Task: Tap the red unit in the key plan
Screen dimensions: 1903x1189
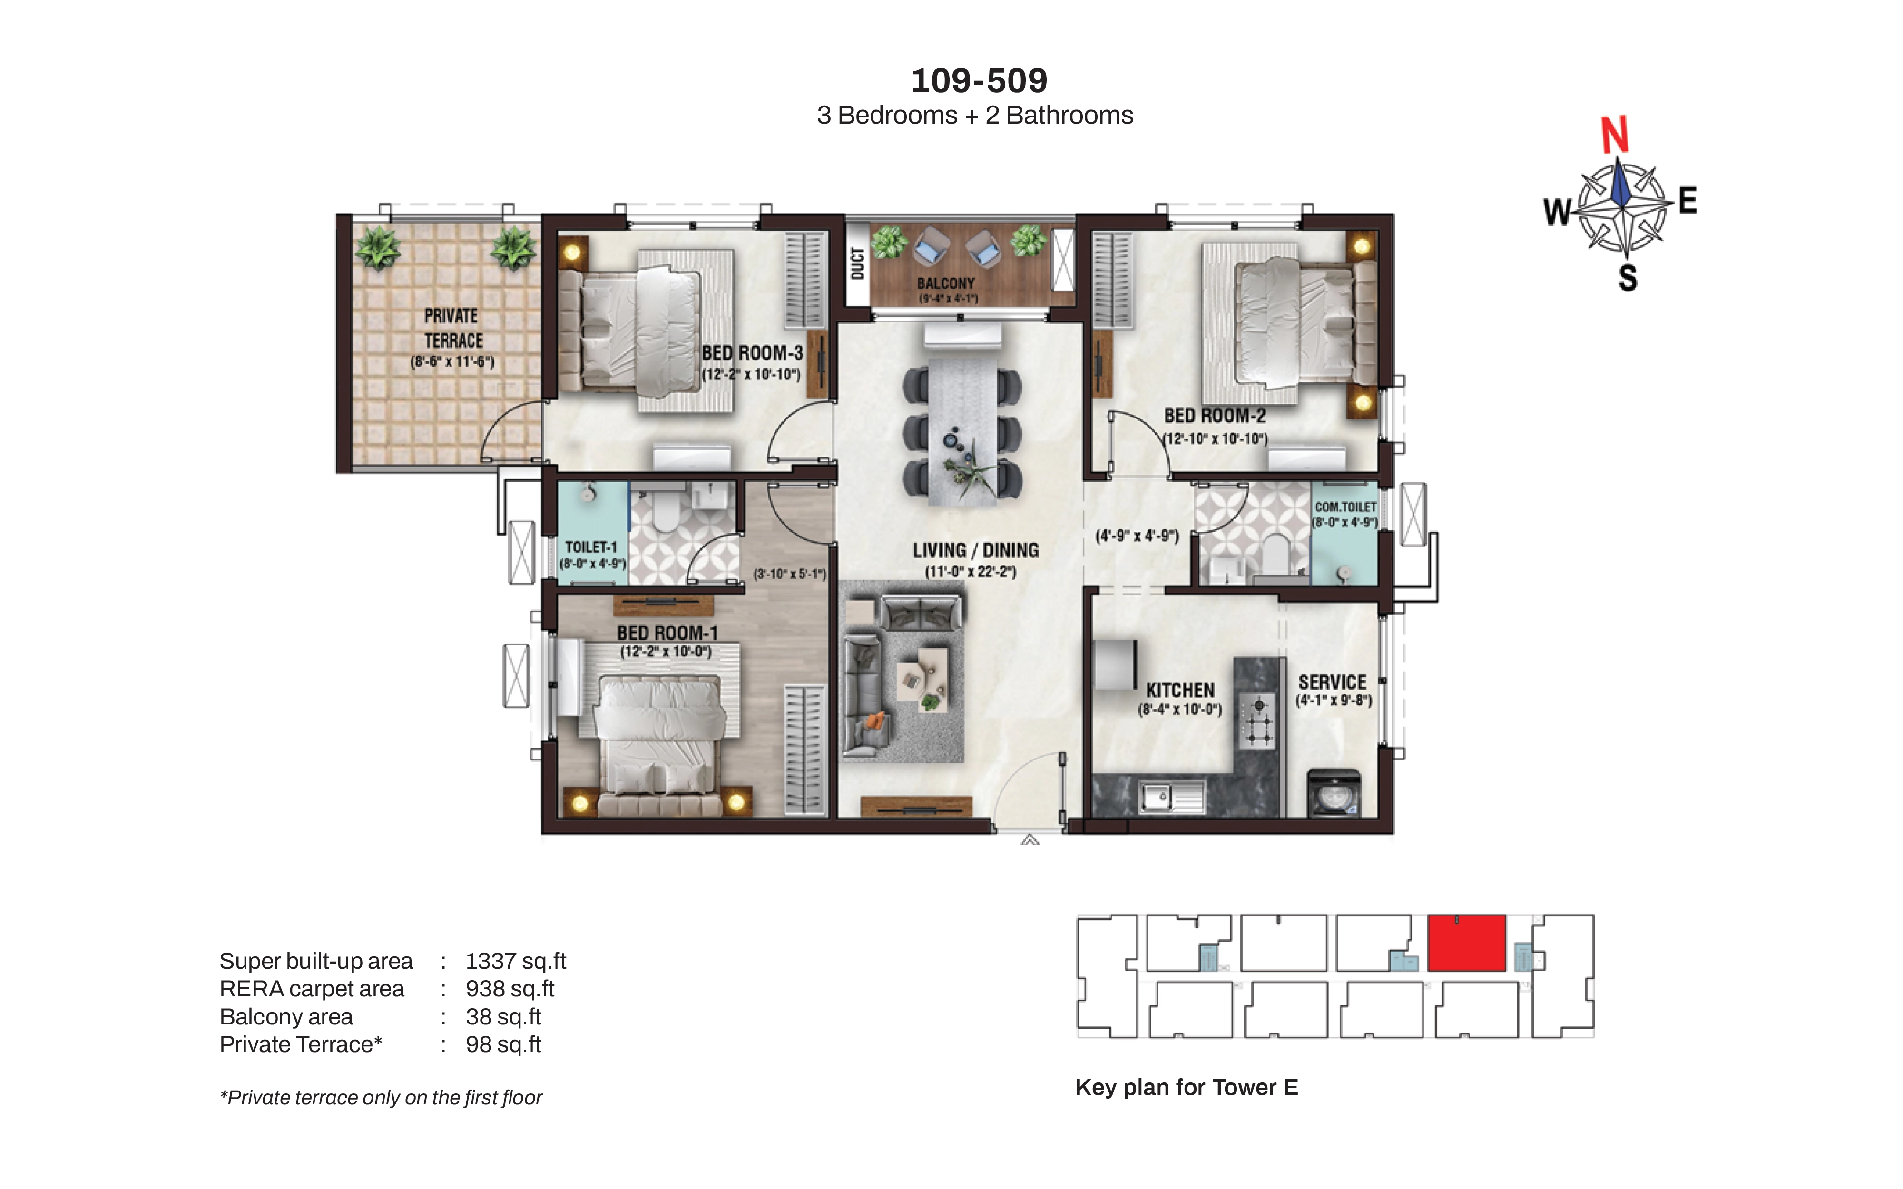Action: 1467,943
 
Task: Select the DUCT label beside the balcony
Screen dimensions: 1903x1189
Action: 857,263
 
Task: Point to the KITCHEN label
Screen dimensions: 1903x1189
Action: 1180,691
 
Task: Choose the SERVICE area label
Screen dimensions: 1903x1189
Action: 1332,682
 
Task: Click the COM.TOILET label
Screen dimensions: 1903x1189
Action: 1345,507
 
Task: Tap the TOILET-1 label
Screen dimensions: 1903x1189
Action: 591,546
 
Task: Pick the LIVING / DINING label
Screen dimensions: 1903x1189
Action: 976,550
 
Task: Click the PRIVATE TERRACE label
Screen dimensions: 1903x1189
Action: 453,328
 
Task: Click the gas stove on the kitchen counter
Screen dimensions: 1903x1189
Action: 1256,721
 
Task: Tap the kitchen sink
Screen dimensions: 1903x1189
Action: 1171,797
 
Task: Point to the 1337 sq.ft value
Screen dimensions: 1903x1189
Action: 516,961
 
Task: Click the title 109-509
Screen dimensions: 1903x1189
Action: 979,80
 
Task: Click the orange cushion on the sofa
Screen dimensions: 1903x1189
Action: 874,720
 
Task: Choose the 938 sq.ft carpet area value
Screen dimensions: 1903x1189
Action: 510,988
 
